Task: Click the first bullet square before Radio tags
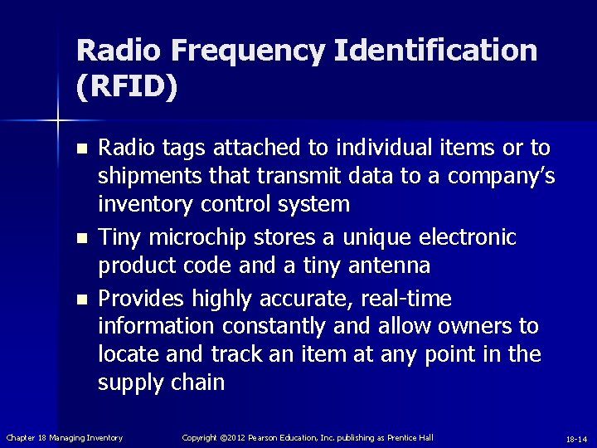(80, 149)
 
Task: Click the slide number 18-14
(576, 438)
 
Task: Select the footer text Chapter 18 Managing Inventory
(65, 437)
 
